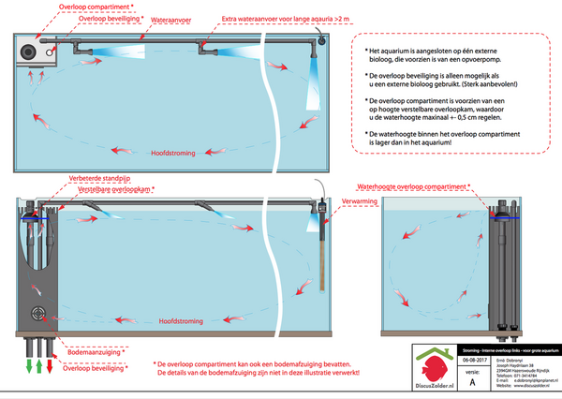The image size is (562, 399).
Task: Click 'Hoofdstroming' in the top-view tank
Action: pyautogui.click(x=171, y=152)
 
